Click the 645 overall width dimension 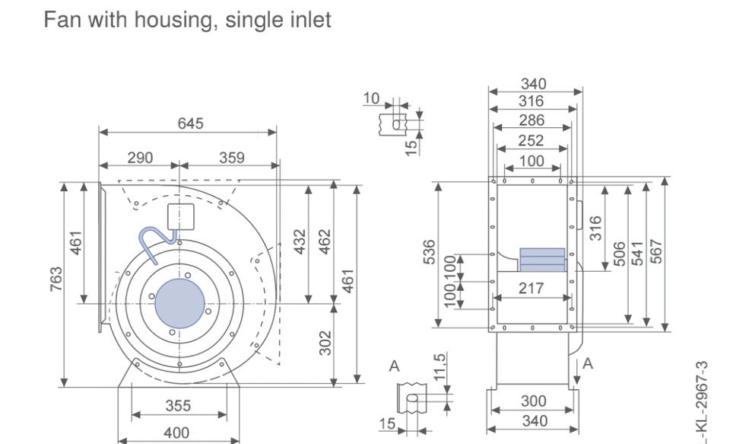[x=190, y=123]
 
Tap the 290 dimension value [x=139, y=158]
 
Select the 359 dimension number [x=232, y=158]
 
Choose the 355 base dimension [x=179, y=407]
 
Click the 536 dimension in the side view [x=430, y=254]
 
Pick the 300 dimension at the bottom [x=532, y=401]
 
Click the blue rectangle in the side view [x=542, y=259]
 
